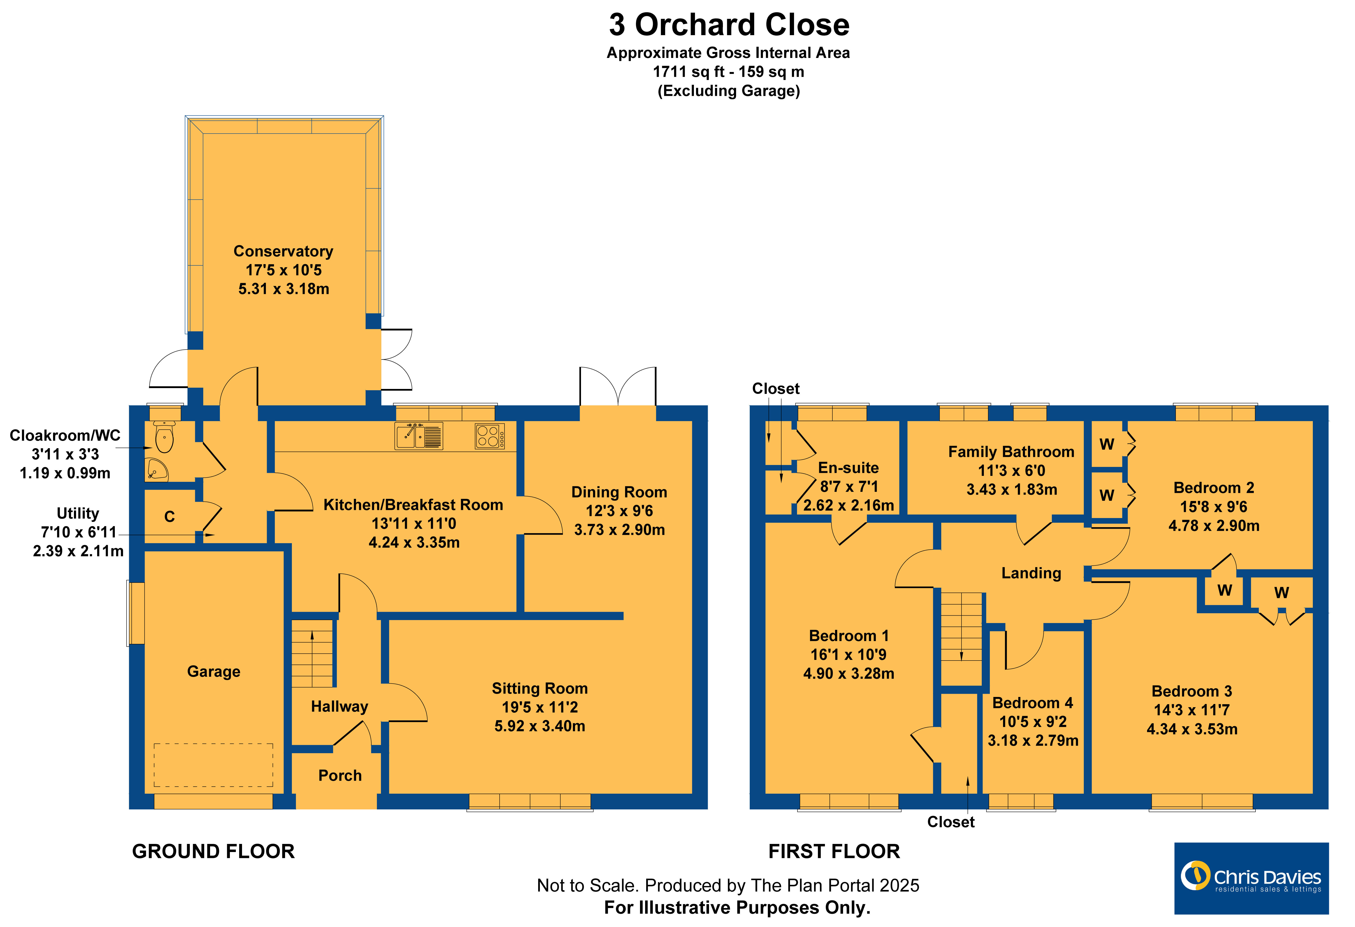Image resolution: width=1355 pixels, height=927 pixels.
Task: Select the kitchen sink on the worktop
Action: [419, 436]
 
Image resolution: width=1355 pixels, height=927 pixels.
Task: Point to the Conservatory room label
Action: [283, 251]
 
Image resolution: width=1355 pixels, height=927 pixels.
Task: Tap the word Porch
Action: [340, 775]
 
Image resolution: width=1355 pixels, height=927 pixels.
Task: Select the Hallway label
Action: [339, 707]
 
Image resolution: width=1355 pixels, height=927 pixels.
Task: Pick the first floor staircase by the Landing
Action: [961, 639]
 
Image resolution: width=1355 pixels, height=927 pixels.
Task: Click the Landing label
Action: [1031, 573]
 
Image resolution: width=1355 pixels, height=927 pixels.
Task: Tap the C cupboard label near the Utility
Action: [170, 517]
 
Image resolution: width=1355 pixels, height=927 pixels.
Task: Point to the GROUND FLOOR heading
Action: [213, 851]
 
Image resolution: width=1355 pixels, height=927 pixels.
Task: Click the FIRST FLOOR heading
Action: [834, 851]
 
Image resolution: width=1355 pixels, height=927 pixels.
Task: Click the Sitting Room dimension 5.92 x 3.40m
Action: [539, 726]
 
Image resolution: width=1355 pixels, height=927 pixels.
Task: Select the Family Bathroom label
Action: [1011, 452]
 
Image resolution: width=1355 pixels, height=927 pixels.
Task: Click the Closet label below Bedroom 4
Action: [951, 822]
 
